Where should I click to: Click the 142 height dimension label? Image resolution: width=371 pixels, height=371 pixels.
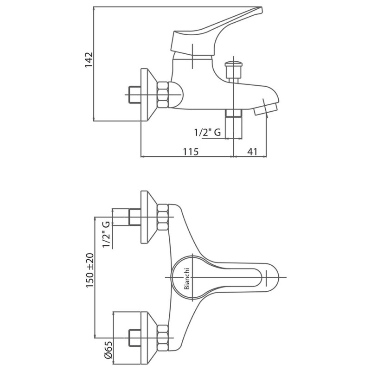[x=89, y=60]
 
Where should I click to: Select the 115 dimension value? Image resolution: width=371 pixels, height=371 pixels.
[x=191, y=152]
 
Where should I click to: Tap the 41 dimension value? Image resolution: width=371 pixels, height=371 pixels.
[x=252, y=152]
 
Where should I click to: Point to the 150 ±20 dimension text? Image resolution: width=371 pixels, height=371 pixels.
[x=90, y=270]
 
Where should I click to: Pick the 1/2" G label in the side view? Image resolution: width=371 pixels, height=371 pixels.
[x=207, y=132]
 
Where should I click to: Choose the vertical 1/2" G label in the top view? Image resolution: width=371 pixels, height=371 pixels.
[x=107, y=235]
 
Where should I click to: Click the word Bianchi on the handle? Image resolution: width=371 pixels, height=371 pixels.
[x=187, y=279]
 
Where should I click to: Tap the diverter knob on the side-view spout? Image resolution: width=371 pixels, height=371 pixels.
[x=234, y=69]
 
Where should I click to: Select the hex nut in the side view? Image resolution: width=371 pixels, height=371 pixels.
[x=163, y=95]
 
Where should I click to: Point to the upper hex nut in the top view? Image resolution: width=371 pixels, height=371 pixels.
[x=163, y=217]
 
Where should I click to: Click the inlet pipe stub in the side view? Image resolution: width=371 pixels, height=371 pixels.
[x=134, y=95]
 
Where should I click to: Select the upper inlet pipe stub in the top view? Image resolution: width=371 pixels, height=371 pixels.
[x=134, y=217]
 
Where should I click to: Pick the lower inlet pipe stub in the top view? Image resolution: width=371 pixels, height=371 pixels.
[x=134, y=338]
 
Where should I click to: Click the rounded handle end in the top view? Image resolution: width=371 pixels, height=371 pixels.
[x=272, y=277]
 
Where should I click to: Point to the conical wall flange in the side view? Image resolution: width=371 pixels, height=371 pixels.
[x=149, y=95]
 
